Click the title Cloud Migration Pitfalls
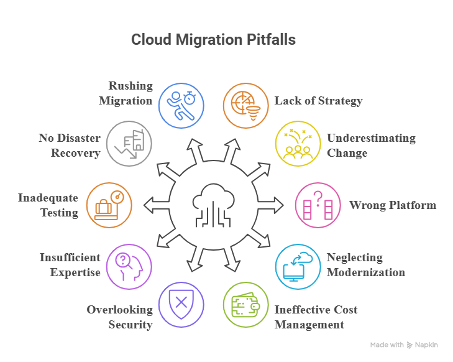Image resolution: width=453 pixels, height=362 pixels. point(213,40)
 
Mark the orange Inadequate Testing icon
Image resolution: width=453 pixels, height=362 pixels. point(109,205)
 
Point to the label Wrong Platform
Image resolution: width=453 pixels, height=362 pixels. point(392,205)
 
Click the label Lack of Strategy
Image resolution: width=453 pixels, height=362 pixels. point(318,101)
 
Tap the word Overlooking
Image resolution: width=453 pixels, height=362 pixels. point(119,310)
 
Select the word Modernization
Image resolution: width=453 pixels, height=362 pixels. point(366,272)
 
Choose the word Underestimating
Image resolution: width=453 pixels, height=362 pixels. point(370,138)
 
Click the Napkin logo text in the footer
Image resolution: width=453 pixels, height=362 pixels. point(426,345)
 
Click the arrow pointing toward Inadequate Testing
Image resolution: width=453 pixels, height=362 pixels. point(150,205)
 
